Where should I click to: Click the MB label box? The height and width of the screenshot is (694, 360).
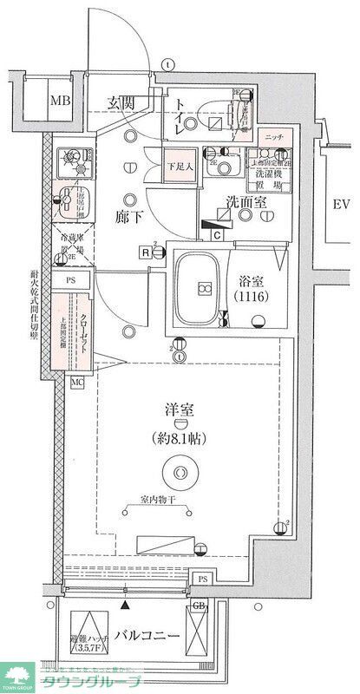60,99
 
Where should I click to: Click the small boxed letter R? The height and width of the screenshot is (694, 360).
143,252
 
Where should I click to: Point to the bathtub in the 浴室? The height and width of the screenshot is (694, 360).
202,288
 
